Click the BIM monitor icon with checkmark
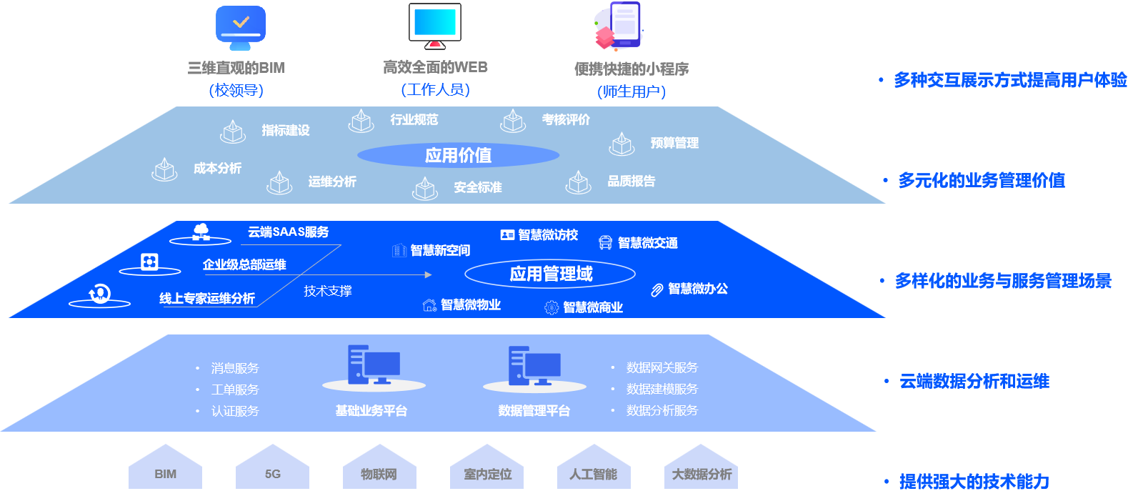241,27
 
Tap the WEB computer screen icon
434,25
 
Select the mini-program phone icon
620,26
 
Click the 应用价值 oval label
458,155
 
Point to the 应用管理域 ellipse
550,274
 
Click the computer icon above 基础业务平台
374,365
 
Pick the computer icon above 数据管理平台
534,365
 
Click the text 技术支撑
327,291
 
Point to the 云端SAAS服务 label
288,232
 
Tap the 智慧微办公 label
697,289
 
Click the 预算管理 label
674,143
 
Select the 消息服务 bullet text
235,368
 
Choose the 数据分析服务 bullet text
662,410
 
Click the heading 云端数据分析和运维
974,381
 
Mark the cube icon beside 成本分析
165,169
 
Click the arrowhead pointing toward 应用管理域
428,274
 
